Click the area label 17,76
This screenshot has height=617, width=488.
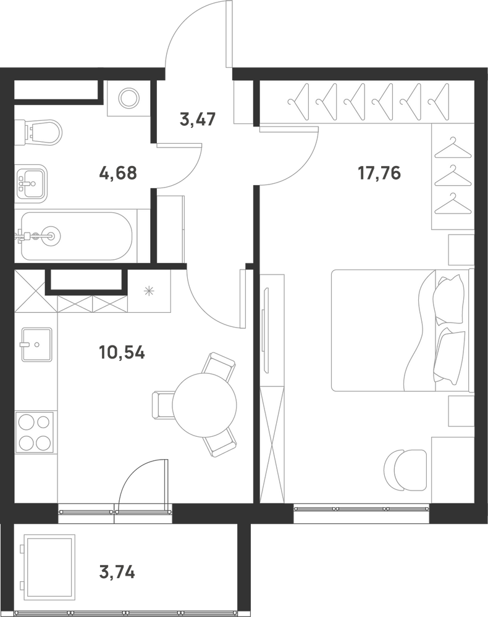[x=379, y=173]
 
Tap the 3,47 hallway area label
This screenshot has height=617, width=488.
[x=198, y=119]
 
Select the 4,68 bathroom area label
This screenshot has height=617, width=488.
[x=118, y=173]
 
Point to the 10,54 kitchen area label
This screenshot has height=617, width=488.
[x=122, y=352]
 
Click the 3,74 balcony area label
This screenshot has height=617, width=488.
[x=117, y=573]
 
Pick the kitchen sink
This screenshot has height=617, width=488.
[x=36, y=345]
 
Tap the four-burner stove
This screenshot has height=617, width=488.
[x=34, y=433]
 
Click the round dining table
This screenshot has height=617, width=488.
[x=204, y=405]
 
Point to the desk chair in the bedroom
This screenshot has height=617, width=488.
[x=405, y=470]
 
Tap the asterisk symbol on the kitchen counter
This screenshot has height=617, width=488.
[x=149, y=291]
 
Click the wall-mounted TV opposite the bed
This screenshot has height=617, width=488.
[x=266, y=331]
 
